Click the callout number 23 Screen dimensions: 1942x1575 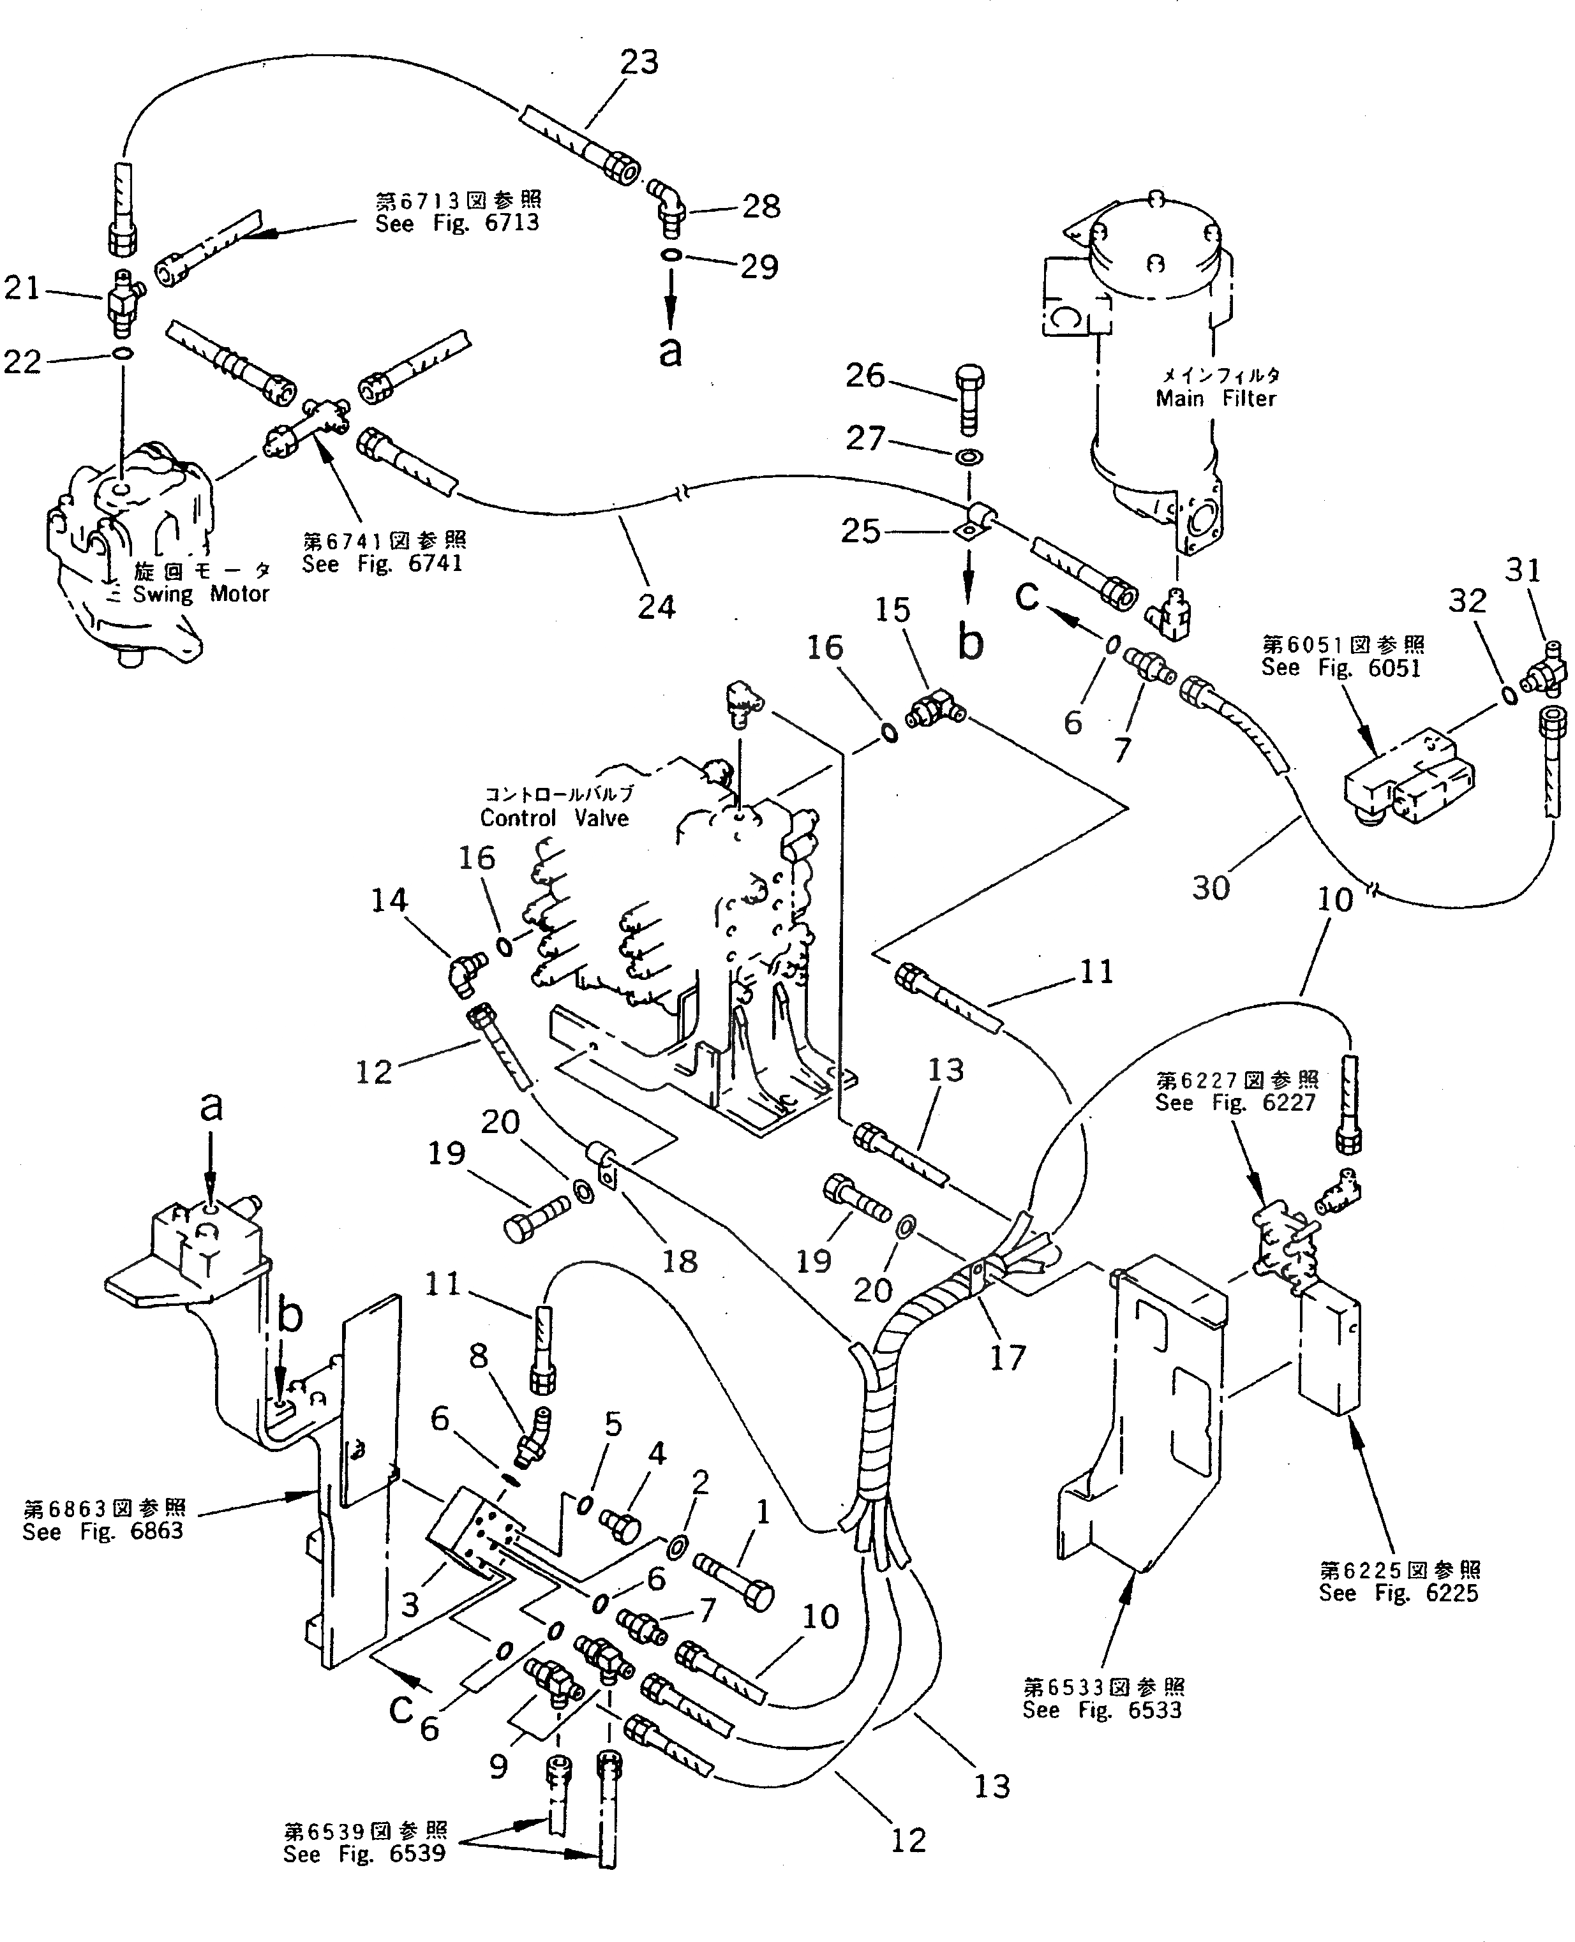tap(639, 62)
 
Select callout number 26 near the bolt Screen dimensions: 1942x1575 tap(865, 374)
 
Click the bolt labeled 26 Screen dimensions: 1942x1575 tap(969, 398)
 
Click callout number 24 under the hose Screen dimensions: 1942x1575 tap(656, 606)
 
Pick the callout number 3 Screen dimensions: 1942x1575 tap(410, 1606)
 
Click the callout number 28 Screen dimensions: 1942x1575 tap(760, 206)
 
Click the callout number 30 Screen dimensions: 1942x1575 tap(1210, 887)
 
